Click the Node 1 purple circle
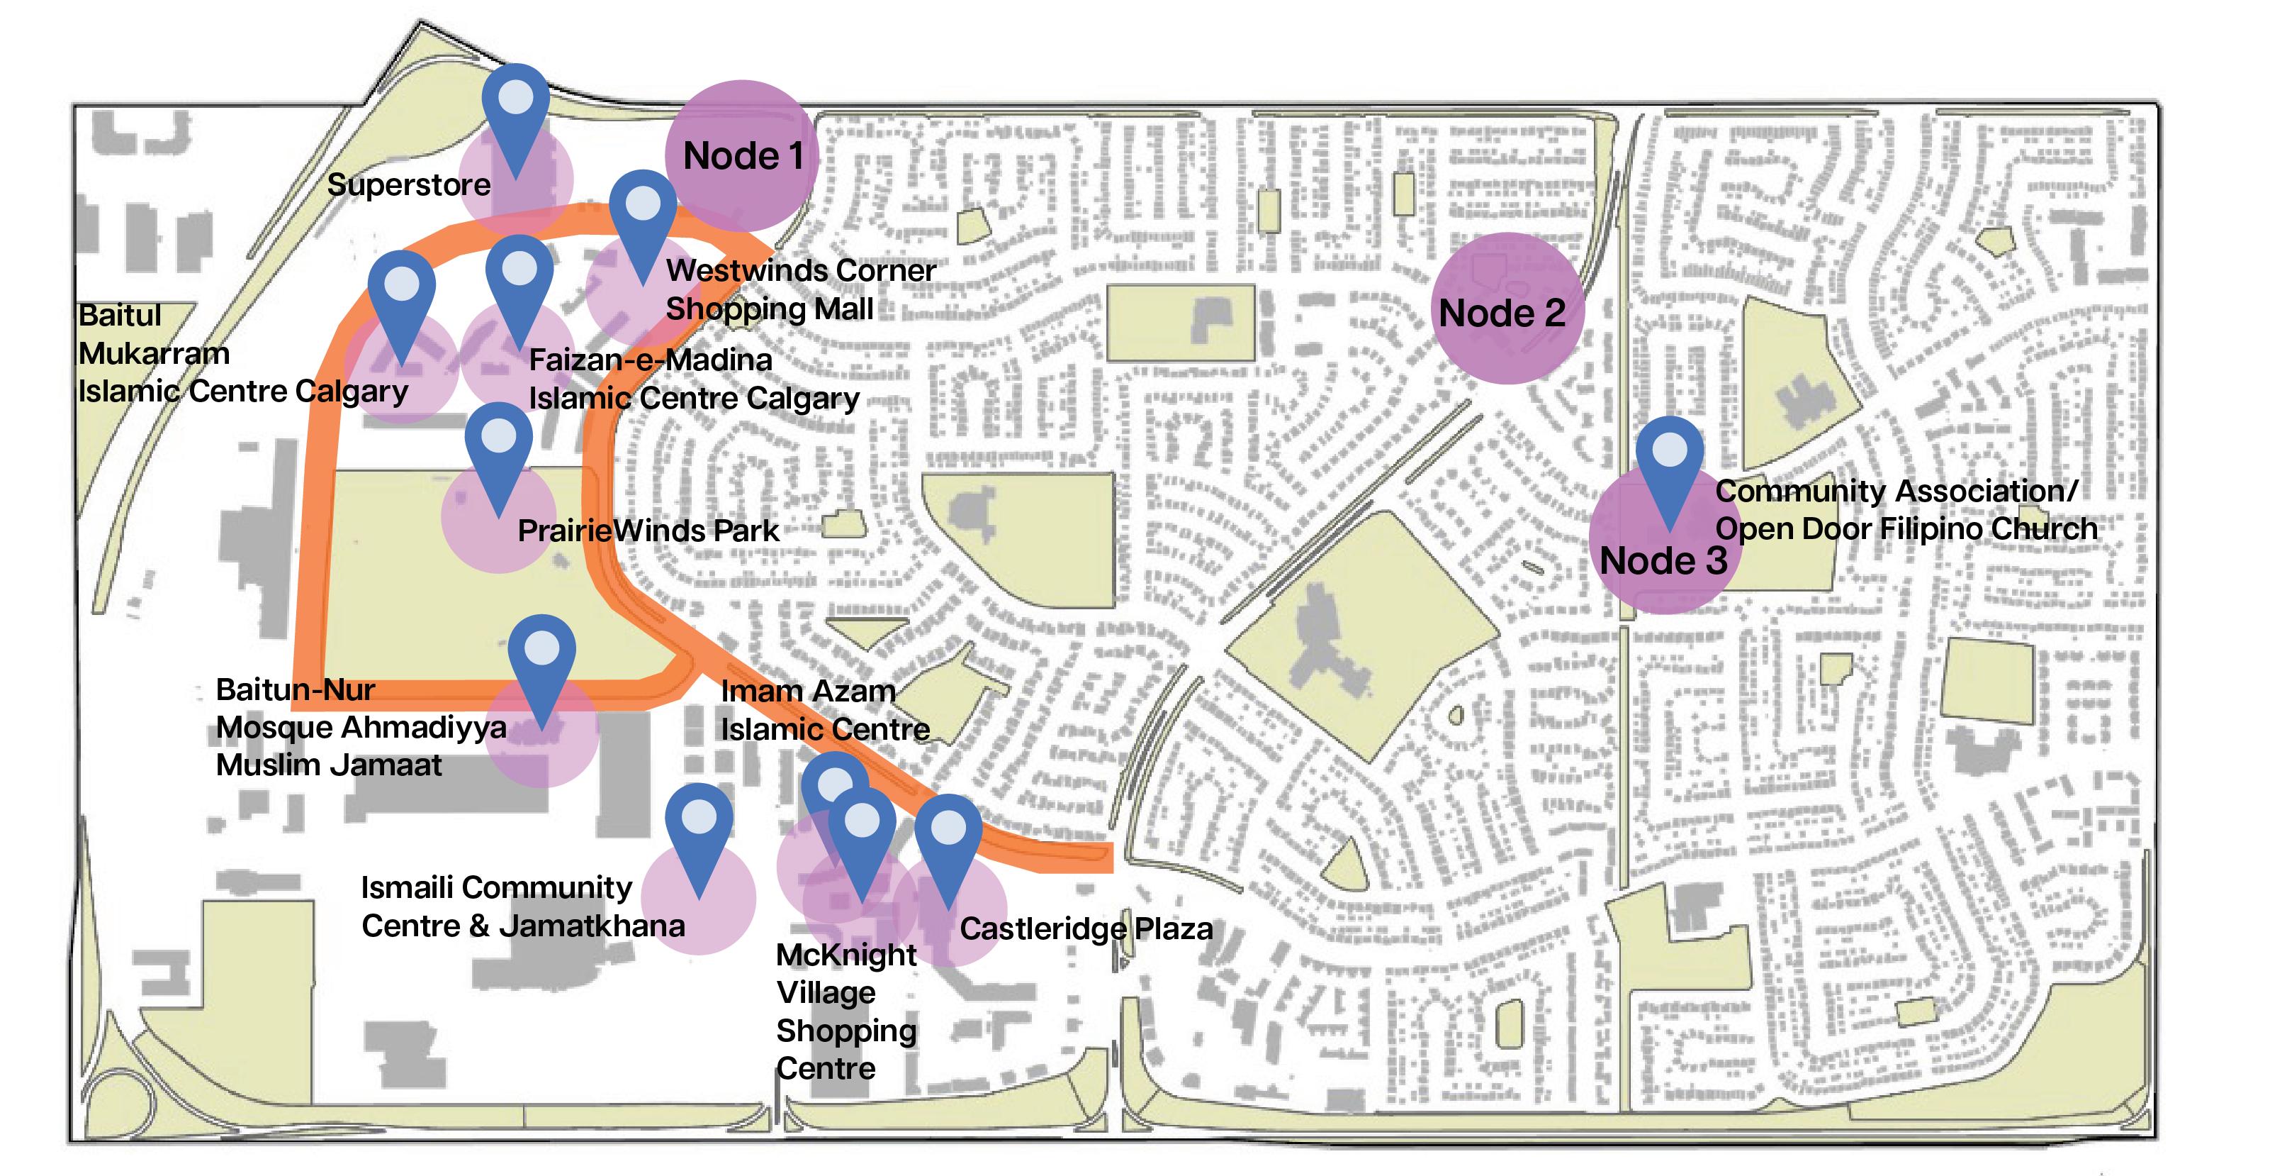tap(741, 156)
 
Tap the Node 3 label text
tap(1663, 561)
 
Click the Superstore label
tap(408, 184)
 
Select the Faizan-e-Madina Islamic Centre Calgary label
tap(693, 379)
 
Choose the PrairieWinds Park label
tap(648, 531)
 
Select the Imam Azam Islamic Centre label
tap(825, 710)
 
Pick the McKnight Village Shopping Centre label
tap(846, 1011)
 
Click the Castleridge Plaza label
tap(1086, 929)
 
